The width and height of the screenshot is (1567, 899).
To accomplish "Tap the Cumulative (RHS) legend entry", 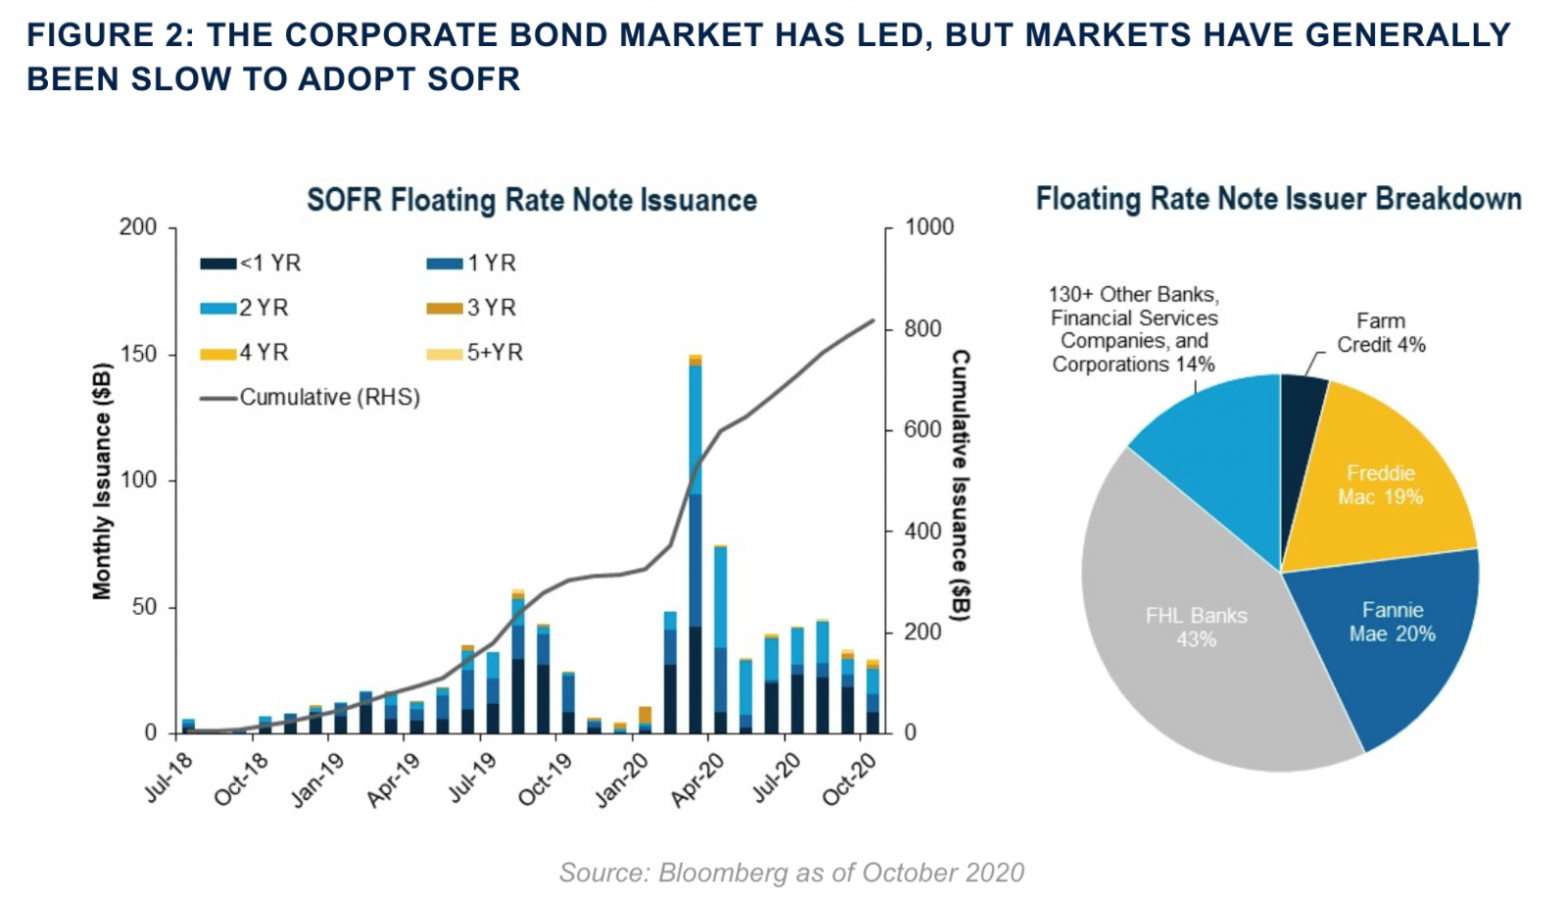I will (x=310, y=398).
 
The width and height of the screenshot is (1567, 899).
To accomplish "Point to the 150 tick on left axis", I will (x=138, y=354).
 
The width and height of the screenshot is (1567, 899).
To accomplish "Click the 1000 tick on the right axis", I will (x=928, y=227).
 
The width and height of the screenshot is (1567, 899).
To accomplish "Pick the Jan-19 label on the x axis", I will (x=318, y=780).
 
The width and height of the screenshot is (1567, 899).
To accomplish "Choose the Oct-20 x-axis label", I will (x=849, y=780).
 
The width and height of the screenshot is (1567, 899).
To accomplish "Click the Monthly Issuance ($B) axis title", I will (x=102, y=480).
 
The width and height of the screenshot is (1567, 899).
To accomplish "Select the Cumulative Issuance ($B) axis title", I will (x=961, y=485).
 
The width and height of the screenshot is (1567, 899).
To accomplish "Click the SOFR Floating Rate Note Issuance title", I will (x=532, y=200).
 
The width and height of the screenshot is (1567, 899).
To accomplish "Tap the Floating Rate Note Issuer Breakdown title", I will (x=1278, y=199).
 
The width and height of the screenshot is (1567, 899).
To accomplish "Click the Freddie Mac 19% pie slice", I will (x=1380, y=485).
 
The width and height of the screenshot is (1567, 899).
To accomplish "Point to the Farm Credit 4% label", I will (x=1381, y=333).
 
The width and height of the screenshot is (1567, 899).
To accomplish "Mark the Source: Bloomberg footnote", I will (x=791, y=873).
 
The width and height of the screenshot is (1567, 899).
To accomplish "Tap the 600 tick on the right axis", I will (x=922, y=430).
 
